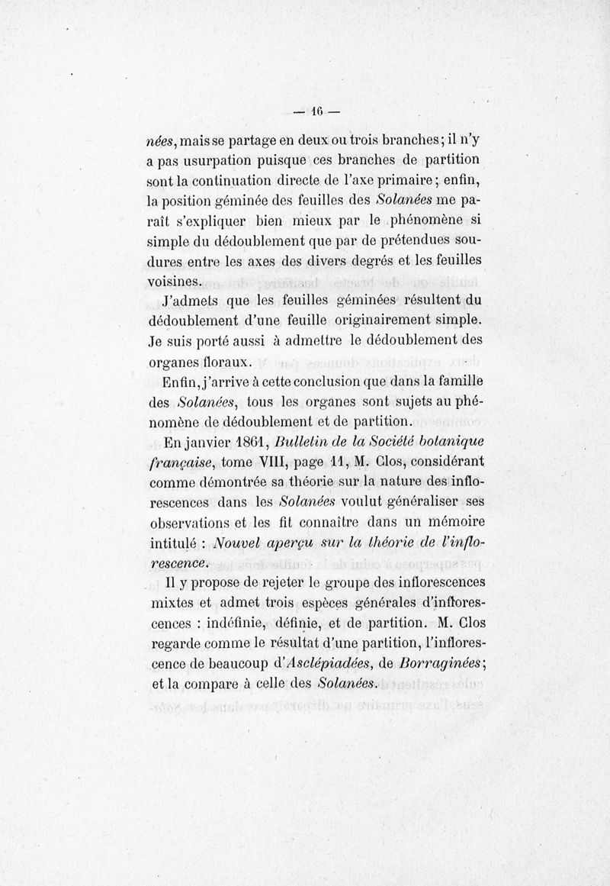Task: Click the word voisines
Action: click(174, 280)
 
